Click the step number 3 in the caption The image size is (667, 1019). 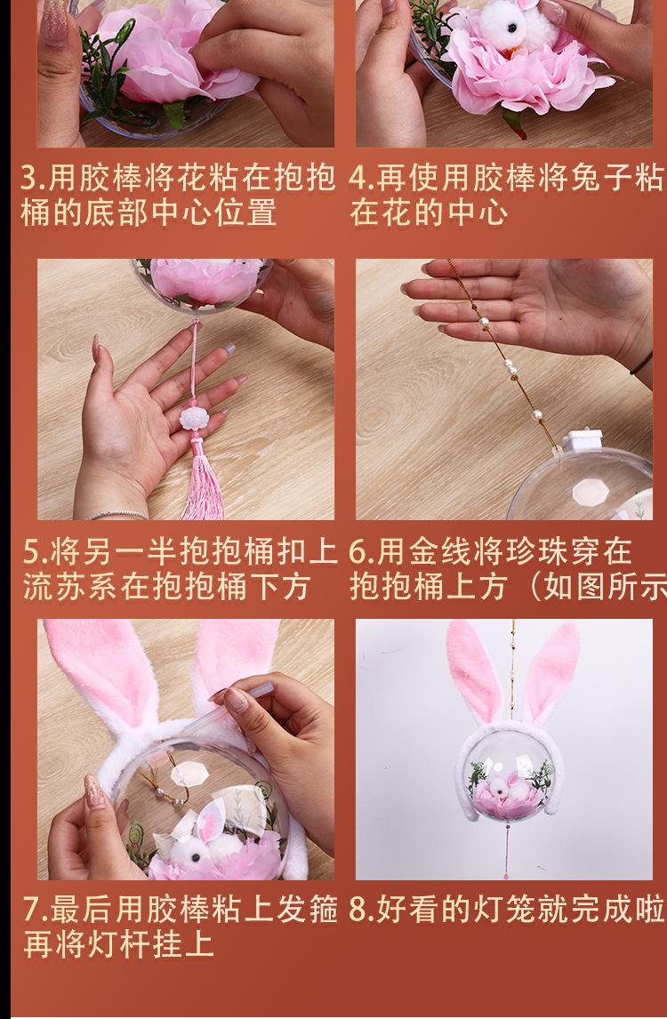(x=29, y=178)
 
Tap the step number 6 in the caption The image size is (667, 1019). (x=358, y=552)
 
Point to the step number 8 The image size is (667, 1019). (x=358, y=910)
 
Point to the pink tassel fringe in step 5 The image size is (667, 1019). (x=197, y=485)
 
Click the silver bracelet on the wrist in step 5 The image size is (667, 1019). (x=116, y=514)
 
